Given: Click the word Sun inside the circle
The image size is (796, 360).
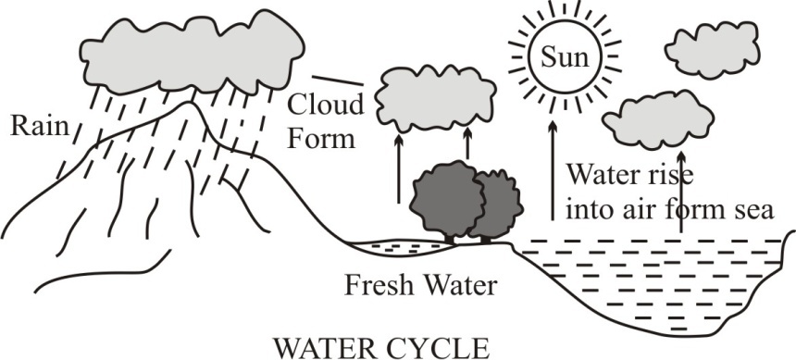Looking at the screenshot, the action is point(565,56).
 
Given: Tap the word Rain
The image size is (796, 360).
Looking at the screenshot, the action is point(40,125).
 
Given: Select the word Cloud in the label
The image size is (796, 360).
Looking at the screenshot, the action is point(326,105).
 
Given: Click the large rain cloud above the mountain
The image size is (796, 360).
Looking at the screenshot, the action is point(193,53).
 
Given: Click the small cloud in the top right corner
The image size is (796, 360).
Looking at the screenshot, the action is point(713,50).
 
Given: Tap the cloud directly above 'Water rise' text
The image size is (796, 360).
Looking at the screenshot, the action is point(658,119).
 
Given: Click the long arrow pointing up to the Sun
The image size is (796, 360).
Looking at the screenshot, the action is point(553,170).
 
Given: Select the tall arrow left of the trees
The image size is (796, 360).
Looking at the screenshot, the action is point(399,168).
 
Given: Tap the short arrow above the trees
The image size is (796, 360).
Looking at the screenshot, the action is point(467,143).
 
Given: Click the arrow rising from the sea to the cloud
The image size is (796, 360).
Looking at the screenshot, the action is point(680,192).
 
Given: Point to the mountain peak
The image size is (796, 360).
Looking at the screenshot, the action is point(190,103).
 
